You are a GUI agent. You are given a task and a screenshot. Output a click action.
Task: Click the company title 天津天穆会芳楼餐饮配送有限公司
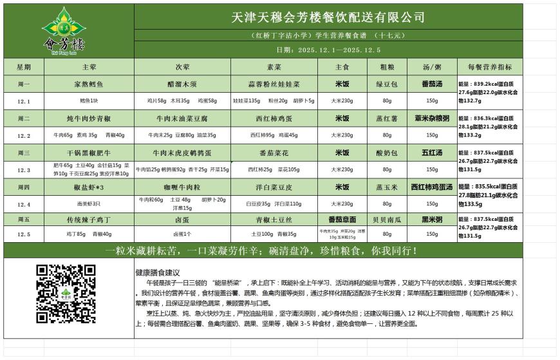tap(328, 17)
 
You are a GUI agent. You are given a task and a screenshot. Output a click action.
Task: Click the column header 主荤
tap(89, 67)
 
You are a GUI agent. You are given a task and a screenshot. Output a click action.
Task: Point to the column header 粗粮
tap(387, 67)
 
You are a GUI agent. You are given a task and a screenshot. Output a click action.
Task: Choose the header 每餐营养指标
tap(489, 67)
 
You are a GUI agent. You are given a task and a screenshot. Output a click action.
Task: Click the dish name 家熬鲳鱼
tap(89, 84)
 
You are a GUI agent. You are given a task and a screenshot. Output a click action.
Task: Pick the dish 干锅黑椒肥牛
tap(89, 153)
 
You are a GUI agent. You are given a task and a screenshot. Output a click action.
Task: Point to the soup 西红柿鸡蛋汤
tap(432, 187)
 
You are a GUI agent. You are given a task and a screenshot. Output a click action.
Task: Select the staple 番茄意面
tap(342, 220)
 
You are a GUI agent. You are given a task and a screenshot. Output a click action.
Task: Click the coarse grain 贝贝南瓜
tap(387, 220)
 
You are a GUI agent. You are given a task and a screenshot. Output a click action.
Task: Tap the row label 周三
tap(24, 153)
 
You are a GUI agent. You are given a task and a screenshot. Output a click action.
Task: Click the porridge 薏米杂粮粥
tap(432, 118)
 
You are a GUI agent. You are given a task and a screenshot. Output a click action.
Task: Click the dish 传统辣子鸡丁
tap(89, 220)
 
